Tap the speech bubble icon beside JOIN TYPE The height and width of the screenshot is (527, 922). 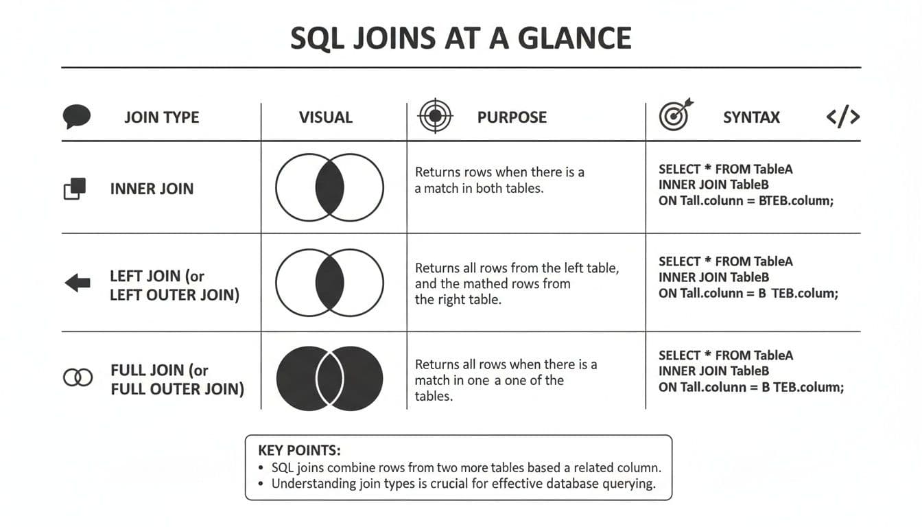coord(76,117)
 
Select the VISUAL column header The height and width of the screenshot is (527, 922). coord(326,117)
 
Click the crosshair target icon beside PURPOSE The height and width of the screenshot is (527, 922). coord(435,117)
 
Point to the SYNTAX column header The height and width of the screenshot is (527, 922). coord(751,117)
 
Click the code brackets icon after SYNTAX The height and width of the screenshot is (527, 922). coord(843,117)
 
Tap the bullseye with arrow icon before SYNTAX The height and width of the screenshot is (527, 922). coord(675,115)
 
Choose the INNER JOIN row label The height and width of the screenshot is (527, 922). coord(152,189)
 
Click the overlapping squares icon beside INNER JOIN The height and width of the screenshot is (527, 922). coord(75,189)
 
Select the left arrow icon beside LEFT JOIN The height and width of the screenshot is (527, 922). coord(77,282)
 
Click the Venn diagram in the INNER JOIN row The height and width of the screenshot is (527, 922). coord(329,187)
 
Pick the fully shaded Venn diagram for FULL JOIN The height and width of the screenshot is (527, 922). coord(329,378)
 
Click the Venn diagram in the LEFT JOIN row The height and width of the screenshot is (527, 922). coord(329,283)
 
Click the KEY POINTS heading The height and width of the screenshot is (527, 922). coord(299,451)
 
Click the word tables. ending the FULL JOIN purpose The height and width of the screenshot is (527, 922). coord(434,396)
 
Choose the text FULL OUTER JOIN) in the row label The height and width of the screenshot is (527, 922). coord(177,389)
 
